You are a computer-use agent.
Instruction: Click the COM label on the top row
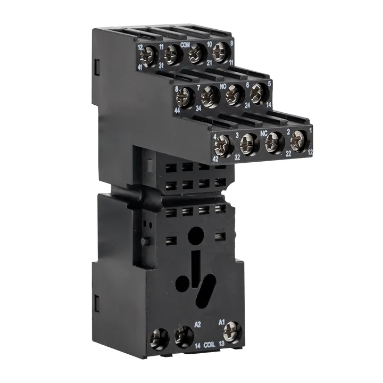[x=186, y=45]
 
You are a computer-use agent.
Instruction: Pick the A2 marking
[x=197, y=323]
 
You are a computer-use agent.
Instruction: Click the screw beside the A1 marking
[x=232, y=334]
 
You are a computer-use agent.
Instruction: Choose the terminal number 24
[x=247, y=106]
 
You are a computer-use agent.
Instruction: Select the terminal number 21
[x=209, y=62]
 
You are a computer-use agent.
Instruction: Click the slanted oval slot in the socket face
[x=203, y=292]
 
